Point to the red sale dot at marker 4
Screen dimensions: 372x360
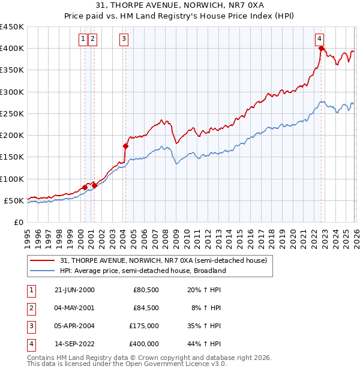(322, 49)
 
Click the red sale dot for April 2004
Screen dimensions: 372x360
(125, 146)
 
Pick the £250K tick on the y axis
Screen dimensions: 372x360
(12, 113)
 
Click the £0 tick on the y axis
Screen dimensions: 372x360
(19, 222)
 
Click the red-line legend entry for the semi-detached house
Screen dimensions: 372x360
(167, 260)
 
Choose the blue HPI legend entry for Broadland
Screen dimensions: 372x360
(142, 271)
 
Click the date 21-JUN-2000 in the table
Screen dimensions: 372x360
(74, 290)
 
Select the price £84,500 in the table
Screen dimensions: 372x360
(146, 308)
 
